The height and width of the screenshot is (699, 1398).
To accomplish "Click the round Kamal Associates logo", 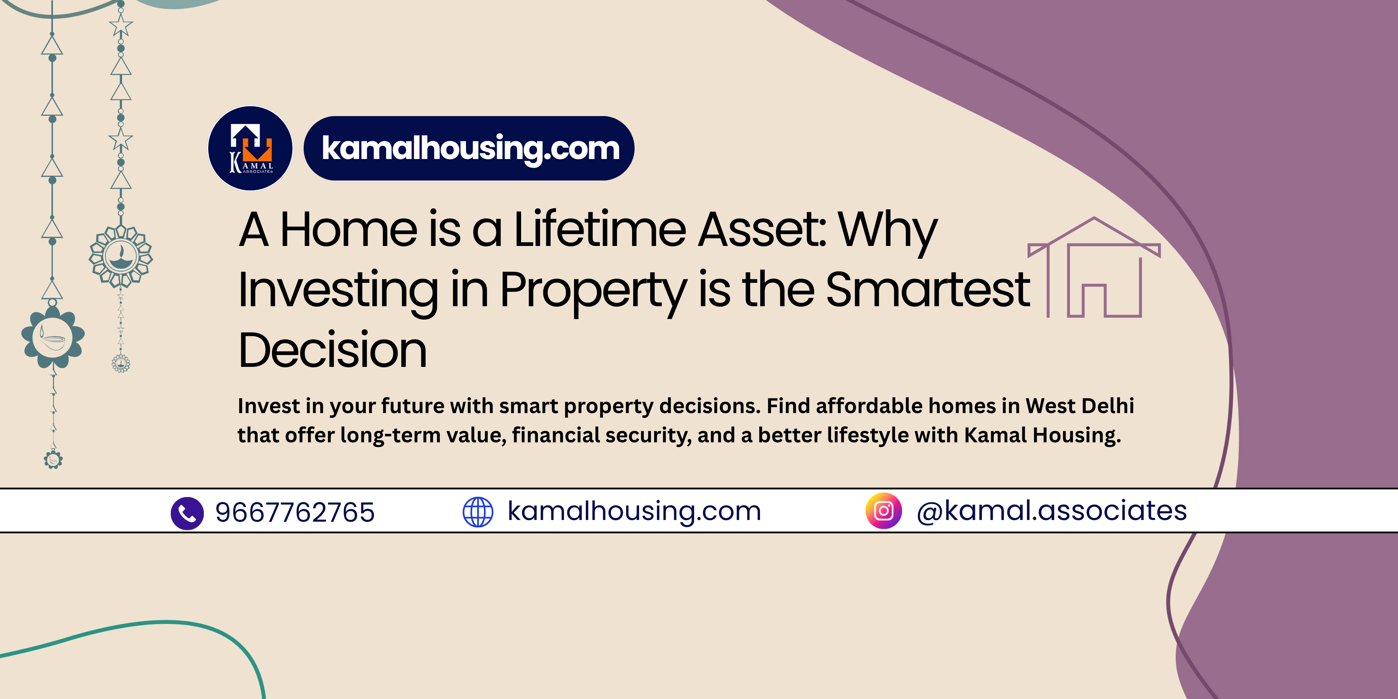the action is pyautogui.click(x=250, y=148).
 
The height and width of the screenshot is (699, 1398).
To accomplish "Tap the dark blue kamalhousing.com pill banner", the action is pyautogui.click(x=469, y=148).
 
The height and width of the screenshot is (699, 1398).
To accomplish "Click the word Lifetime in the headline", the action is pyautogui.click(x=600, y=230).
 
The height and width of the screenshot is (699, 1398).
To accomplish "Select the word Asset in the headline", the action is pyautogui.click(x=762, y=230).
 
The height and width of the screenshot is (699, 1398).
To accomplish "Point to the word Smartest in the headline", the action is pyautogui.click(x=928, y=290).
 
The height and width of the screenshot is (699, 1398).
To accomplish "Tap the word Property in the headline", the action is pyautogui.click(x=594, y=293).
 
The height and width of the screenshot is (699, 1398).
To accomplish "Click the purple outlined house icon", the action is pyautogui.click(x=1094, y=267).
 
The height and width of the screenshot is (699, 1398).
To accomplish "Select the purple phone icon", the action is pyautogui.click(x=187, y=513).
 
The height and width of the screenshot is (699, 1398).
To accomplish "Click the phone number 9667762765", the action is pyautogui.click(x=295, y=512).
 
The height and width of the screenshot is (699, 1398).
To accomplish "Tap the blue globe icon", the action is pyautogui.click(x=477, y=512).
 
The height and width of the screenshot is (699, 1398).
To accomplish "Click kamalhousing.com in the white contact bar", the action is pyautogui.click(x=634, y=511).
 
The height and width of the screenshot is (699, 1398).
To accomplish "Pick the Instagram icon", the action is pyautogui.click(x=884, y=511).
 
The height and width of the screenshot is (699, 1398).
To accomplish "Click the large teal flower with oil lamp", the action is pyautogui.click(x=53, y=337).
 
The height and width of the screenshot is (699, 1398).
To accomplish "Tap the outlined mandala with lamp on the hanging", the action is pyautogui.click(x=121, y=257).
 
